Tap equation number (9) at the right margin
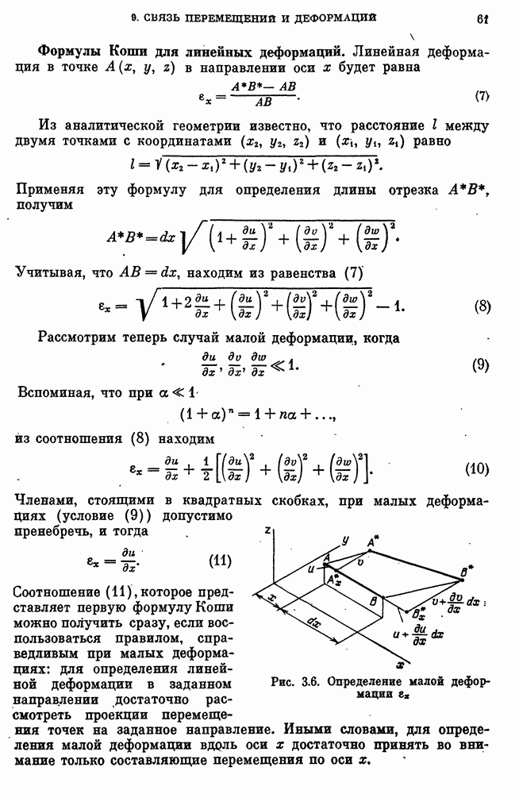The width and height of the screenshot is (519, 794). click(480, 366)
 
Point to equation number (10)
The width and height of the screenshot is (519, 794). click(477, 468)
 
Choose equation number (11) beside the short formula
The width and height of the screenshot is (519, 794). click(219, 561)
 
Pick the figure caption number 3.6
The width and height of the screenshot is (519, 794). click(309, 681)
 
